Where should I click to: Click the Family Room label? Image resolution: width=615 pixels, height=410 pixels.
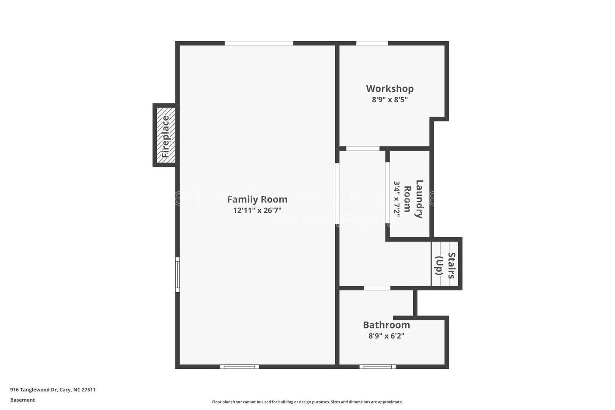tap(257, 200)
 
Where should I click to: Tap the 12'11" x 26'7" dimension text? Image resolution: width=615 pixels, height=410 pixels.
tap(257, 210)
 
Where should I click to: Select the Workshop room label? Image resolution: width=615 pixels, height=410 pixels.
tap(390, 89)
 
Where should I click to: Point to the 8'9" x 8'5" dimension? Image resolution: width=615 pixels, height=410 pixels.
tap(390, 100)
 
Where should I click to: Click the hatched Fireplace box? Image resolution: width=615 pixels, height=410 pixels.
tap(166, 135)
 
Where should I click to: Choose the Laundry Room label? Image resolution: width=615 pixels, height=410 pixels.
tap(414, 199)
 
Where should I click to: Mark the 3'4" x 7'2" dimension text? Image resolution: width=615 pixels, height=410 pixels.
tap(397, 199)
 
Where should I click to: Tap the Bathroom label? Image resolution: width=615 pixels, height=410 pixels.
tap(386, 325)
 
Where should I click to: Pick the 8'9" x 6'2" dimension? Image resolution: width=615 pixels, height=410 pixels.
tap(386, 336)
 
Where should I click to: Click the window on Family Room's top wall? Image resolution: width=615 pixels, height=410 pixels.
tap(259, 43)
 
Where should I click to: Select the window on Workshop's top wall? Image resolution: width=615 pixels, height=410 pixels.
tap(372, 43)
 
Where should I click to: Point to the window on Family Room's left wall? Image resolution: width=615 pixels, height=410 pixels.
tap(178, 274)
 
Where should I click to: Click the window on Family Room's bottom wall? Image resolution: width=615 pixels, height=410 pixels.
tap(239, 367)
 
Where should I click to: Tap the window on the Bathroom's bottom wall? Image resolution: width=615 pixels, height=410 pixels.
tap(377, 367)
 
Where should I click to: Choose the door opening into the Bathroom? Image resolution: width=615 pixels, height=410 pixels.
tap(377, 288)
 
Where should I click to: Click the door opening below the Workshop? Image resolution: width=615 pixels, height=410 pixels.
tap(363, 148)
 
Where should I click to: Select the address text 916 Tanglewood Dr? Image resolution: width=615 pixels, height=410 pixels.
tap(53, 390)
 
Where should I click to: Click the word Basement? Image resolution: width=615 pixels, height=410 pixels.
tap(22, 400)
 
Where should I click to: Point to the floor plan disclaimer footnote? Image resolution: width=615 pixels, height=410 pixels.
tap(307, 402)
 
